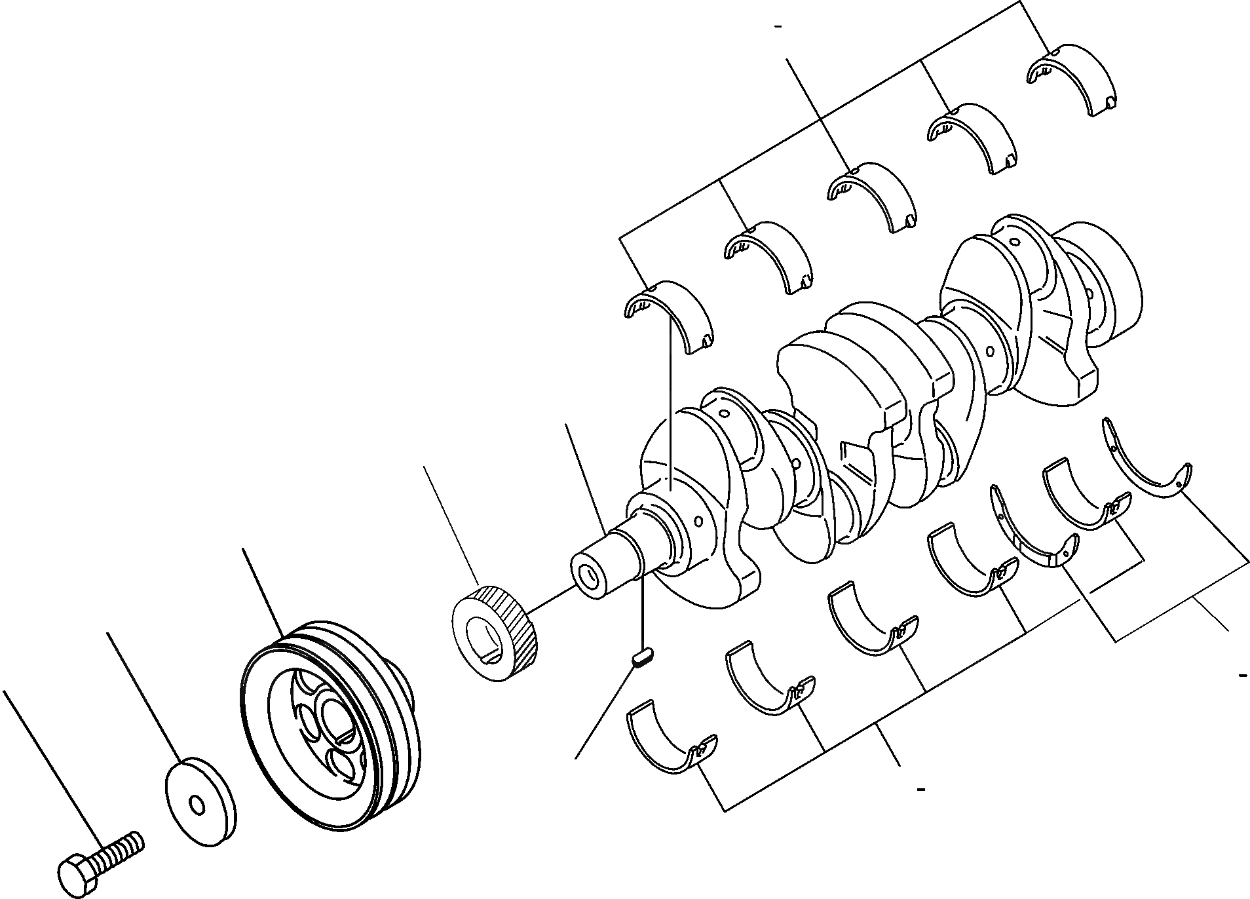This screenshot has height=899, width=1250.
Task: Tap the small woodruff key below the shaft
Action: pos(641,657)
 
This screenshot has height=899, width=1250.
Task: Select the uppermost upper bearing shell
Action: pos(1074,75)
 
